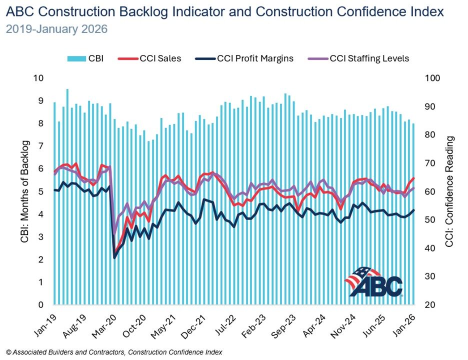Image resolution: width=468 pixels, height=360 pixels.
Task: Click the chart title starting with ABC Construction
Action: pyautogui.click(x=225, y=12)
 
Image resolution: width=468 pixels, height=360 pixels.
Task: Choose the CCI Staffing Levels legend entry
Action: pyautogui.click(x=361, y=58)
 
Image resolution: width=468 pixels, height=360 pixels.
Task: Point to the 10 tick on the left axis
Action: pyautogui.click(x=38, y=78)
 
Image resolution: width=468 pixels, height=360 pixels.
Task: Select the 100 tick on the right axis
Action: pyautogui.click(x=431, y=78)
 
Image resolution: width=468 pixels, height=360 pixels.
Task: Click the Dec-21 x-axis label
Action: pyautogui.click(x=198, y=322)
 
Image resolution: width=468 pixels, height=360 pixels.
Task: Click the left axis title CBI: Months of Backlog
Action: pyautogui.click(x=24, y=192)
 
